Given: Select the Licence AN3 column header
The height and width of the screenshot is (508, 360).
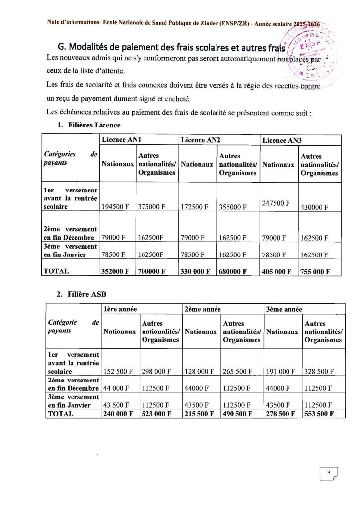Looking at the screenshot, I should [282, 140].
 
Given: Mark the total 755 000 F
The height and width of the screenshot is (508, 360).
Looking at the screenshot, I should [319, 271].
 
